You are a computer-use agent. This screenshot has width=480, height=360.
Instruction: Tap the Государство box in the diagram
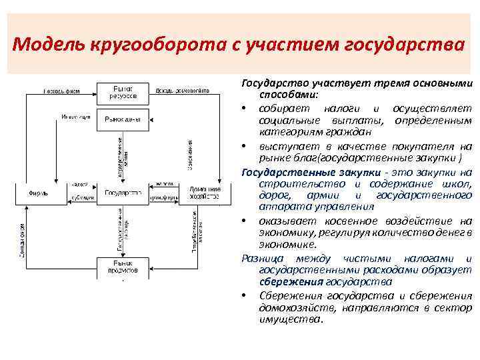coord(123,193)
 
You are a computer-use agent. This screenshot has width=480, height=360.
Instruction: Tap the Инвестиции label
coord(75,117)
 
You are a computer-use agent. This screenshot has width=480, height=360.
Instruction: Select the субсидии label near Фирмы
coord(83,198)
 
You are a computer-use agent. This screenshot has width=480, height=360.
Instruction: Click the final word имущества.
coord(289,319)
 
